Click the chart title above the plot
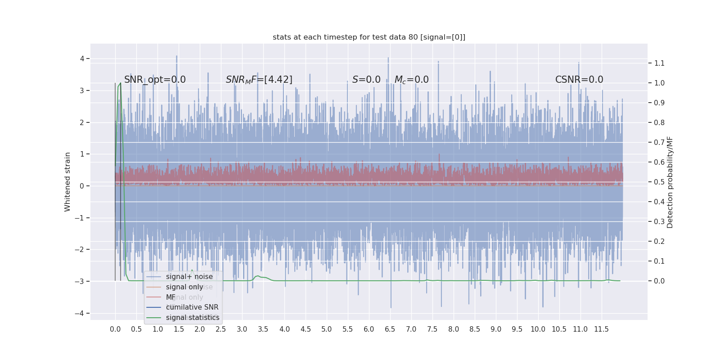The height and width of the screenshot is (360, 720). [369, 37]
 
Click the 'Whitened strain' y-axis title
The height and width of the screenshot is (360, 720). [67, 182]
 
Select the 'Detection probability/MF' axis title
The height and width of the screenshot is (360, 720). [670, 182]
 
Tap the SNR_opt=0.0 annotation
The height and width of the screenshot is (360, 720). [155, 80]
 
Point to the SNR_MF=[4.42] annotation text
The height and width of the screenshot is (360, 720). [259, 80]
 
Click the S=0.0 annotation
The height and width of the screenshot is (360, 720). [366, 80]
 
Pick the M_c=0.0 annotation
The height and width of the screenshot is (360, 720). [411, 80]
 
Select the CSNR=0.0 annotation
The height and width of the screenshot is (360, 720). [579, 80]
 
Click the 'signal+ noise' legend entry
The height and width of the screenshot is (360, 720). [189, 277]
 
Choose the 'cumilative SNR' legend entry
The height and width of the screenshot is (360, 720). [192, 307]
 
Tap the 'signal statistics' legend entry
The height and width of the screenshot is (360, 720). [193, 318]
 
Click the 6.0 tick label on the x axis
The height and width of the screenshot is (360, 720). [369, 329]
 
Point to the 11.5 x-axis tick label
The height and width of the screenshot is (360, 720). [601, 329]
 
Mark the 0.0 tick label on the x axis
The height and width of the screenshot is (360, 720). [115, 329]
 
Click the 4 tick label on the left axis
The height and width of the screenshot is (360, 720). [82, 58]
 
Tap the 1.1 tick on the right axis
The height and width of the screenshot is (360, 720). [659, 63]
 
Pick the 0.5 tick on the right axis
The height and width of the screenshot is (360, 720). [659, 182]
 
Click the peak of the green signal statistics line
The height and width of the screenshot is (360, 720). [120, 83]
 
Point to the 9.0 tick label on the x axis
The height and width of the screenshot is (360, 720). [495, 329]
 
